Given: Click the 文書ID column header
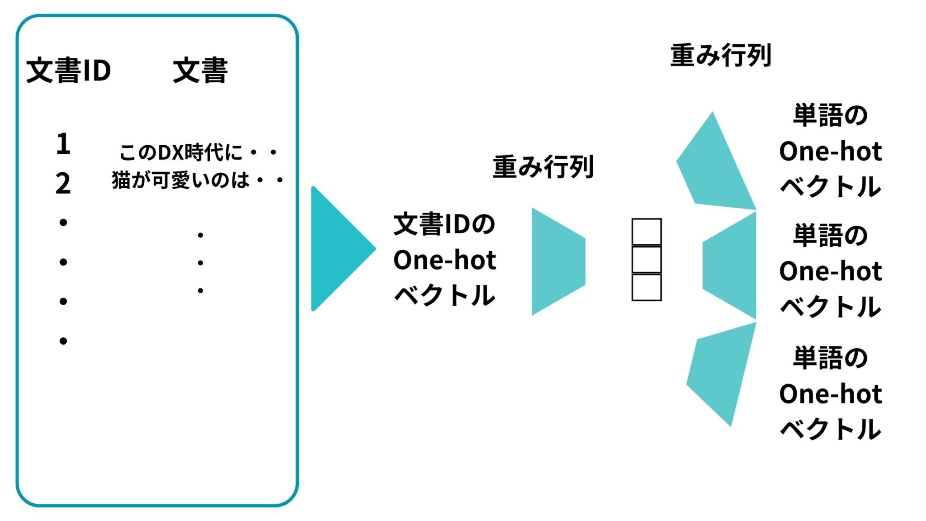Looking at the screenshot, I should click(69, 71).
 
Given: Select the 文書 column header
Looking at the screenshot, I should click(200, 71).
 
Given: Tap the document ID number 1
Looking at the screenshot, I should click(63, 144).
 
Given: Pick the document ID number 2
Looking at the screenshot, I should click(63, 183).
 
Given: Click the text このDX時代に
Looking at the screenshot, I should click(181, 152).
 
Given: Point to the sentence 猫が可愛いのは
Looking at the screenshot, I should click(181, 180).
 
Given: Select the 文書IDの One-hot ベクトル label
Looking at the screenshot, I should click(445, 260).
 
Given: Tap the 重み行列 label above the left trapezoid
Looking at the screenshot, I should click(543, 166).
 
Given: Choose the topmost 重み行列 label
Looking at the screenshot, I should click(720, 56).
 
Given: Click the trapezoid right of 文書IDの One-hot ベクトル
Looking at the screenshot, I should click(558, 261).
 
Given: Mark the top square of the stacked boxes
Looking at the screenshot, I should click(647, 232).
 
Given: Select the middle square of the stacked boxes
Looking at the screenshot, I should click(647, 260).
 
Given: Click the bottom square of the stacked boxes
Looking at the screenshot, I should click(647, 287).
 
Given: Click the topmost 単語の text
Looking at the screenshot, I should click(831, 115).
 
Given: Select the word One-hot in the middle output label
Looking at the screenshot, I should click(831, 271).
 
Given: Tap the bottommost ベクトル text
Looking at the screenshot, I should click(831, 429).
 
